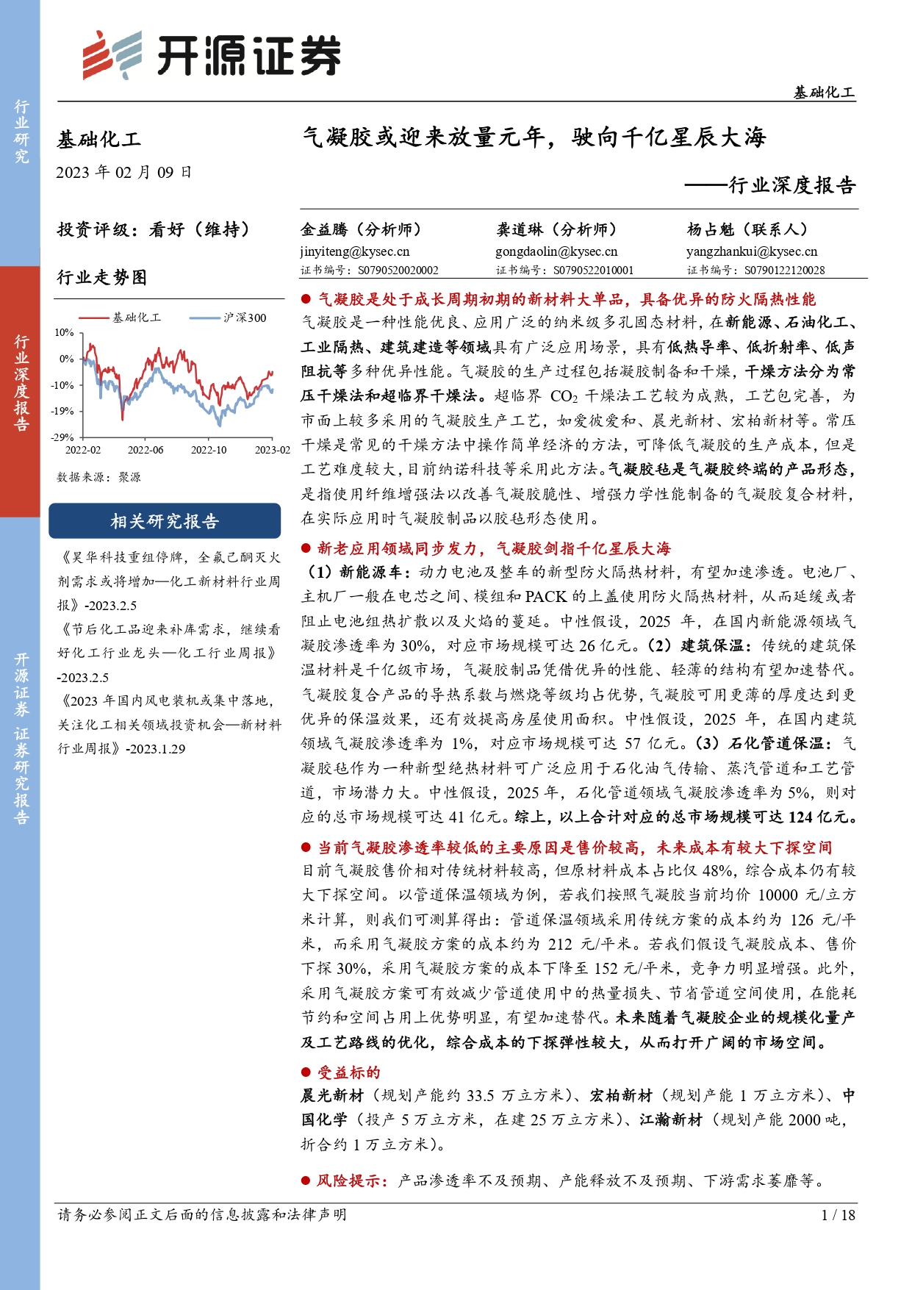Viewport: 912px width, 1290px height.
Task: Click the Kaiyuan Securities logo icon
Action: [x=111, y=55]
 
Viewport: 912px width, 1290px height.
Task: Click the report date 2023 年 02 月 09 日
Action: [x=123, y=173]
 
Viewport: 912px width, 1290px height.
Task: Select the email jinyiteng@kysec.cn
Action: [x=354, y=251]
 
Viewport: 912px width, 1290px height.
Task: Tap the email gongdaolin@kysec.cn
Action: [x=556, y=251]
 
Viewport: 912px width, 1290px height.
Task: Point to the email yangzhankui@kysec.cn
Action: [x=752, y=251]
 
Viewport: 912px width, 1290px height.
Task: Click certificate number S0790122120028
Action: [x=784, y=270]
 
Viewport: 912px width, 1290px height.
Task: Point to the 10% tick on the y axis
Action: [x=65, y=332]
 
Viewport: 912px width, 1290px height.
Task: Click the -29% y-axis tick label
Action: [x=63, y=437]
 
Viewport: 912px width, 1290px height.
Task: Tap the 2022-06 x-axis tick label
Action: [x=146, y=450]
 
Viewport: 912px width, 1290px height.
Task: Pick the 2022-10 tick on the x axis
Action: [x=209, y=450]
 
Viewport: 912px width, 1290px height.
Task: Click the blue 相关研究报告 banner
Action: [x=165, y=521]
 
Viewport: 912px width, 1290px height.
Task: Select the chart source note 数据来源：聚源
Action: [x=99, y=477]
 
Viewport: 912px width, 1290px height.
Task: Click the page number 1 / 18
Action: [x=838, y=1214]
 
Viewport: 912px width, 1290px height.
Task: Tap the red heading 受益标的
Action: [x=348, y=1072]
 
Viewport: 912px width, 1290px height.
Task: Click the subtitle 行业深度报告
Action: [x=791, y=185]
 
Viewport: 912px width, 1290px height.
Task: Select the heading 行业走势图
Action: [x=102, y=277]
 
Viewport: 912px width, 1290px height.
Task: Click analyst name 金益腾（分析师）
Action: [x=360, y=229]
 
